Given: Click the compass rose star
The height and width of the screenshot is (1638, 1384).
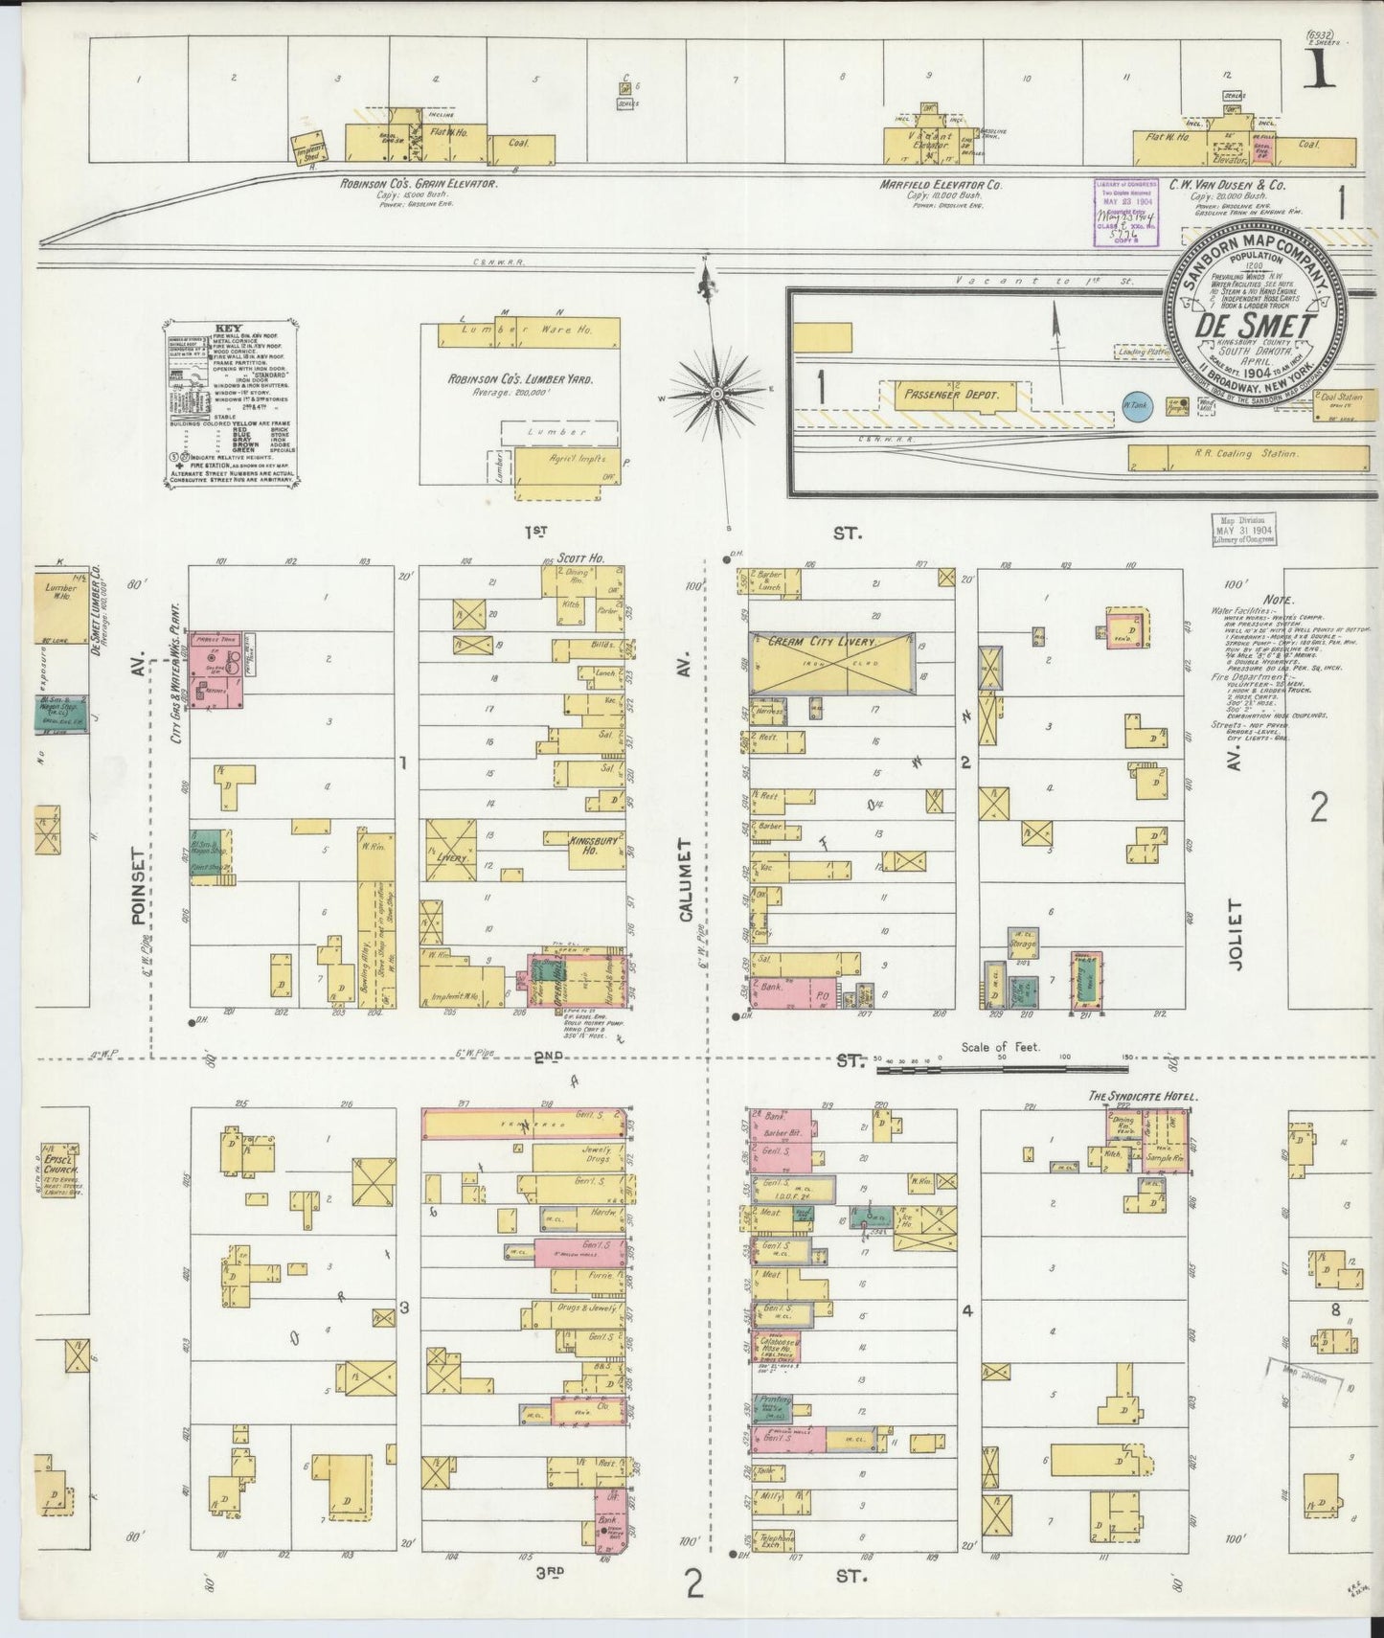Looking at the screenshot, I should click(x=716, y=394).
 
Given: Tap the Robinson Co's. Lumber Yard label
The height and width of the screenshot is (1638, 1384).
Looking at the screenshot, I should click(x=520, y=379).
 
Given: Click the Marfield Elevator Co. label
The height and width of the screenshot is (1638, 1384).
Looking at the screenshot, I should click(x=941, y=183).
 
